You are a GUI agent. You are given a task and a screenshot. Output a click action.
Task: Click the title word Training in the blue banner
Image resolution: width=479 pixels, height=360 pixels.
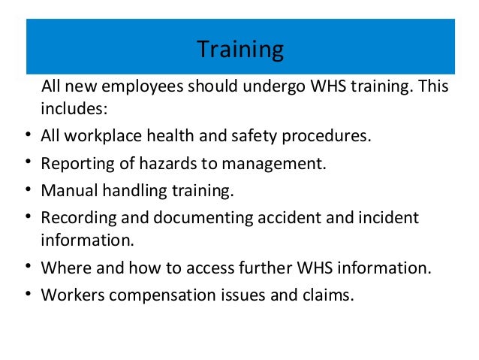click(240, 50)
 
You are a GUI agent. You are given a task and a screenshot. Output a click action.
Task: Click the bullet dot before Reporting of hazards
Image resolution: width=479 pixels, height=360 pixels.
click(28, 162)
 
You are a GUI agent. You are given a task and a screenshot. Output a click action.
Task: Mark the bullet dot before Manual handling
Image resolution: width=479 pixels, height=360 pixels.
click(28, 189)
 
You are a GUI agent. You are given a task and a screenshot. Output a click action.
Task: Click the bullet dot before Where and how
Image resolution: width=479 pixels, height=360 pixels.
click(28, 266)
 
